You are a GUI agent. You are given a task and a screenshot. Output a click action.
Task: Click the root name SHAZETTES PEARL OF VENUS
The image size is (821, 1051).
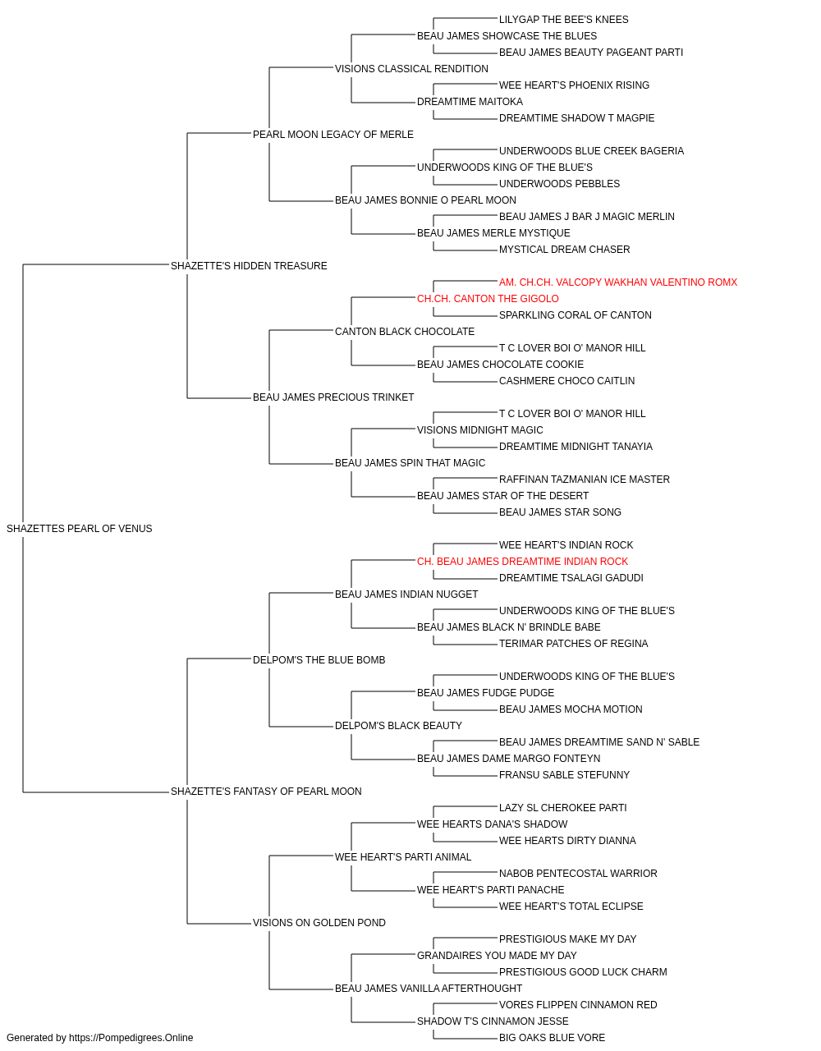click(x=80, y=529)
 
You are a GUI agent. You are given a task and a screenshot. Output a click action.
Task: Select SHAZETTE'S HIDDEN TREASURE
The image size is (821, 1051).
click(x=249, y=265)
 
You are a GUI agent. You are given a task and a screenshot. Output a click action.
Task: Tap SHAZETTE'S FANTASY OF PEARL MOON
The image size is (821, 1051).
click(x=266, y=792)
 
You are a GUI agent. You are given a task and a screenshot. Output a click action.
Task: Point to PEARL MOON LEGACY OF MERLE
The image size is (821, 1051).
click(x=333, y=135)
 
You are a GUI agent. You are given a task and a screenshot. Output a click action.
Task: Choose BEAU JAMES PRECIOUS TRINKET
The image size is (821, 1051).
click(x=333, y=397)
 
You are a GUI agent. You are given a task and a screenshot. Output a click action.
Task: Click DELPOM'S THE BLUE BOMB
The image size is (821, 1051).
click(x=319, y=659)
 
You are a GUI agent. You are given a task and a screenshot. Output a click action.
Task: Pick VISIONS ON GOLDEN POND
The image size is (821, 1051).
click(x=319, y=922)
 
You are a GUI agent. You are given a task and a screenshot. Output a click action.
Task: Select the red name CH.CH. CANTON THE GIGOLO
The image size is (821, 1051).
click(x=488, y=298)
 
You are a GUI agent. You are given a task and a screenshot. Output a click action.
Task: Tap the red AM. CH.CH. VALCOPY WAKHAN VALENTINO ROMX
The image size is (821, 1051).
click(x=618, y=282)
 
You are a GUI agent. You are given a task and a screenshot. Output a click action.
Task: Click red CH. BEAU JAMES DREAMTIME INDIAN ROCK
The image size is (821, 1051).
click(x=522, y=561)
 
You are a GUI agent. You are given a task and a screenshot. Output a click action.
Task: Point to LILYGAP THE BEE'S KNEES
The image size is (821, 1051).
click(x=564, y=20)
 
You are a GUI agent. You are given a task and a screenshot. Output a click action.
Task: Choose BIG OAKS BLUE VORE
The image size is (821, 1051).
click(x=552, y=1038)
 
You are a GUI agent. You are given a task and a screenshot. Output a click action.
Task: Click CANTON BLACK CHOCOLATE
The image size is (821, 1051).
click(x=405, y=331)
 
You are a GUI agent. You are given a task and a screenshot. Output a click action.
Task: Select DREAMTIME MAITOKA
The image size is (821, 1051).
click(x=470, y=102)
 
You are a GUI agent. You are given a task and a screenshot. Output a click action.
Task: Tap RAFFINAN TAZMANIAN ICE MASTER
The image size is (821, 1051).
click(x=584, y=480)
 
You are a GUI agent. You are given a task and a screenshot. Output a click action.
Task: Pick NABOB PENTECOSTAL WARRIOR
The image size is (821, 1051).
click(x=578, y=873)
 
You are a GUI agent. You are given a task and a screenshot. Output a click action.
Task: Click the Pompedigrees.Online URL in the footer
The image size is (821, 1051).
click(x=131, y=1038)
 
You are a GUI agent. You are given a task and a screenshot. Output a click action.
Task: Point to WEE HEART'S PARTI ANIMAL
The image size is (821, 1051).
click(x=403, y=856)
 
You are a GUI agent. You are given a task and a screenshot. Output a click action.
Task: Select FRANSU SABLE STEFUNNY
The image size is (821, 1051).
click(x=564, y=775)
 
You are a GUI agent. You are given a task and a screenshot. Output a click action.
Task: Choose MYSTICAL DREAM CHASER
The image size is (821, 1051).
click(x=564, y=249)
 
